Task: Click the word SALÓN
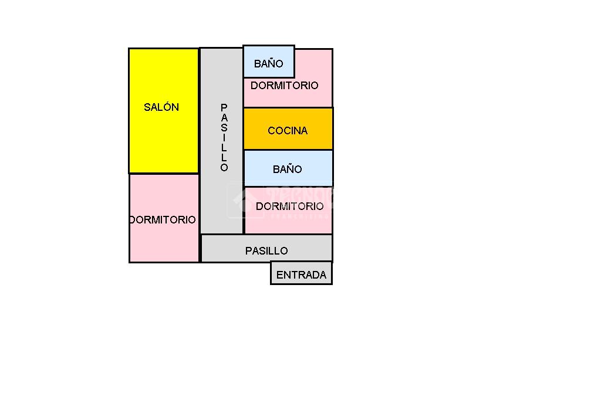(x=161, y=107)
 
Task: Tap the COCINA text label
(x=288, y=130)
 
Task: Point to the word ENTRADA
(x=301, y=274)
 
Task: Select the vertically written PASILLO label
(x=224, y=138)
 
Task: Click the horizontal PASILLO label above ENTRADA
(x=266, y=250)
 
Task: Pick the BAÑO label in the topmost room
(x=269, y=63)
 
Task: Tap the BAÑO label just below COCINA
(x=288, y=170)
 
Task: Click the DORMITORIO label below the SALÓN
(x=163, y=219)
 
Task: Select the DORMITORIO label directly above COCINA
(x=285, y=86)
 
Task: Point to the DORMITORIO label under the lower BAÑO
(x=289, y=206)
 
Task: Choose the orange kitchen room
(x=288, y=141)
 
